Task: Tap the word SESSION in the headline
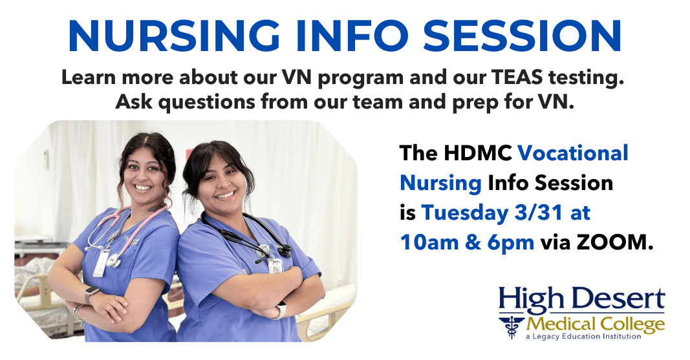[523, 36]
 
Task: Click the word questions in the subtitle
[206, 103]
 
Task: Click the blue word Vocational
[573, 153]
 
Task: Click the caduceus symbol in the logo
[512, 326]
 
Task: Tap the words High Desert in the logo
[581, 299]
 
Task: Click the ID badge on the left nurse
[101, 263]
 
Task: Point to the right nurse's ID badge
[275, 265]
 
